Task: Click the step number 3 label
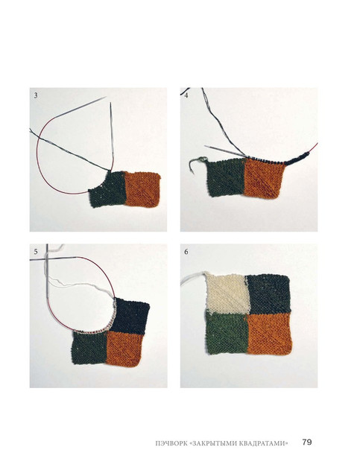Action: click(x=36, y=95)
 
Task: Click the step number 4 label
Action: click(x=186, y=95)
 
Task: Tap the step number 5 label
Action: click(x=36, y=252)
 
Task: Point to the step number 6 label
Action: click(x=186, y=252)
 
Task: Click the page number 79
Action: click(x=307, y=442)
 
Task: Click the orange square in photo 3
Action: click(x=142, y=189)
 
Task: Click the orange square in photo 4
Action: click(x=264, y=179)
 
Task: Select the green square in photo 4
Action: click(x=226, y=177)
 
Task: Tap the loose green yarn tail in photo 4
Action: click(x=196, y=163)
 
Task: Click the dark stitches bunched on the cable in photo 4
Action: click(x=297, y=159)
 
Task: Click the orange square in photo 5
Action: click(x=124, y=349)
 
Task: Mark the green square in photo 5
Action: click(x=89, y=348)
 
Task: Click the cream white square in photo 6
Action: click(x=227, y=293)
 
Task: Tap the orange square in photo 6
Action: click(x=269, y=333)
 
